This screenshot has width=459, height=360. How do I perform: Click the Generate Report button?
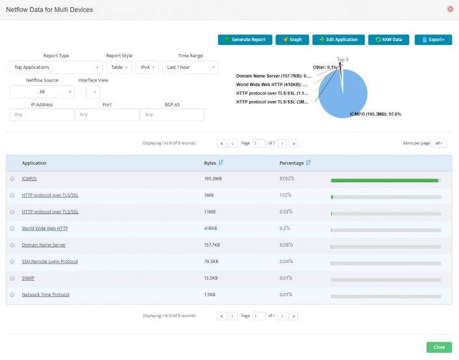point(245,40)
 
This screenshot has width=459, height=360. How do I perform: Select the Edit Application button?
point(338,40)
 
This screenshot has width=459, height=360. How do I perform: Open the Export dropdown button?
point(433,40)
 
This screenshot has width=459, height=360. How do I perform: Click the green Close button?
point(439,347)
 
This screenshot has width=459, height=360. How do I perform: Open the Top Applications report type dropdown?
point(56,67)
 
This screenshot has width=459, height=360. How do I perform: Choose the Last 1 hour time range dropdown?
point(190,67)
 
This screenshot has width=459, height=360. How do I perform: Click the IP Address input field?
point(42,115)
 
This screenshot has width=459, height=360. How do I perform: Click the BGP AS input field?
point(172,115)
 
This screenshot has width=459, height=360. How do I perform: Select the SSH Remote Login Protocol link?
point(49,262)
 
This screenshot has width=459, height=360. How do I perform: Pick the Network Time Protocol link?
point(46,295)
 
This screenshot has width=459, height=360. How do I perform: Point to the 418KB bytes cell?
point(211,228)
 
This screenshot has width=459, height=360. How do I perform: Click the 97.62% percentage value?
point(286,178)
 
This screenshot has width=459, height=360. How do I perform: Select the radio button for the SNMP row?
point(12,278)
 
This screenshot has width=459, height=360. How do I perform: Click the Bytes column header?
point(210,163)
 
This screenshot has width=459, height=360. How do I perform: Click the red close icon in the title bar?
point(450,9)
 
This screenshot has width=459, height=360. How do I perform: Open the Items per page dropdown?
point(440,143)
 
